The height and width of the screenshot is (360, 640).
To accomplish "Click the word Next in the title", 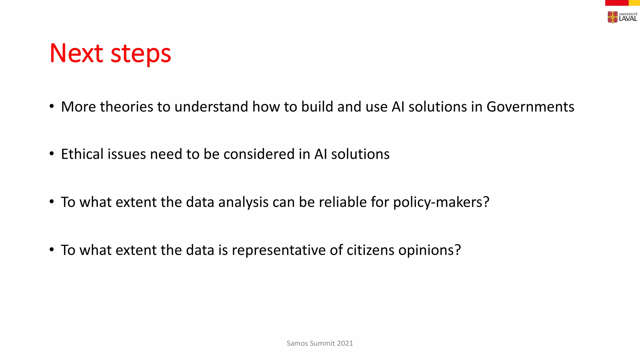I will click(x=76, y=53).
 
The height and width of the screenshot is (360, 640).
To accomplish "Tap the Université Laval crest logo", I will click(x=612, y=17).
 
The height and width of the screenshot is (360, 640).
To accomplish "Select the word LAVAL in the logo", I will click(x=628, y=19).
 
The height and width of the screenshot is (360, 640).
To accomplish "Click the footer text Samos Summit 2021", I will click(x=320, y=343).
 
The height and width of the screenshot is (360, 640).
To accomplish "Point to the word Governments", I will click(x=530, y=107).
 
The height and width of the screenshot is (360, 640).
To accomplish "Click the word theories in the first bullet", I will click(x=126, y=107).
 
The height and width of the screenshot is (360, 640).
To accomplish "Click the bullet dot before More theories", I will click(x=52, y=107).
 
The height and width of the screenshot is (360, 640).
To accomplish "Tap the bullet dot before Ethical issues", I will click(x=52, y=154).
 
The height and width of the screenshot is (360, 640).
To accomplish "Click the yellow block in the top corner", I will click(x=634, y=3).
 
